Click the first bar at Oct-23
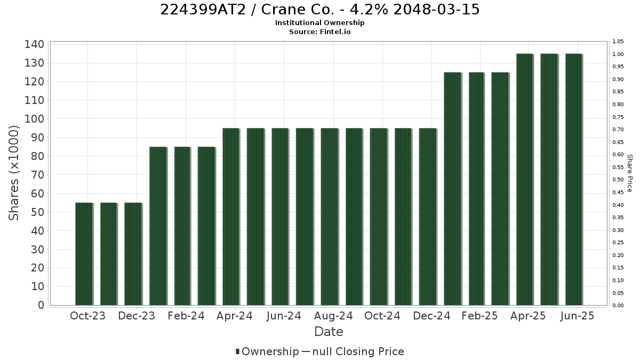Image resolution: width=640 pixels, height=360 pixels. (84, 254)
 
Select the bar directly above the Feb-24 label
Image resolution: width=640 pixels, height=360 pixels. (182, 226)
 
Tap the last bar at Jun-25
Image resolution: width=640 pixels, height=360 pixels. (574, 179)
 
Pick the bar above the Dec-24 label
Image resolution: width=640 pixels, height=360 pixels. (428, 217)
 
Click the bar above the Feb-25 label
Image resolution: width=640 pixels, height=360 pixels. (476, 189)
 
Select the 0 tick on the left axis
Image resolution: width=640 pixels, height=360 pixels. (42, 305)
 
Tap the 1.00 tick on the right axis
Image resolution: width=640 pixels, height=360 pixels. (618, 54)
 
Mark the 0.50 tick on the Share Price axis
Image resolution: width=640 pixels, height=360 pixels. (618, 179)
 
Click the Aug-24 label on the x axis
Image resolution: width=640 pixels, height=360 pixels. (333, 316)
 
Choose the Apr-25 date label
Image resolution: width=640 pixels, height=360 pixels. (528, 316)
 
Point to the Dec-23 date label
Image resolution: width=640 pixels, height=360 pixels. (137, 316)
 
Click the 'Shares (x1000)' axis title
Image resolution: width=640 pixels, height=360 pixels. (13, 173)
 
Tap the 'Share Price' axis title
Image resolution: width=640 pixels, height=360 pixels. (630, 173)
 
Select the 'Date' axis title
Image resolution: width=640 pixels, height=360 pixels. (329, 332)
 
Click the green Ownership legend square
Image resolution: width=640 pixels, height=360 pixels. (237, 351)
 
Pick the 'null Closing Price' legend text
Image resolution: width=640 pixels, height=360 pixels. (358, 351)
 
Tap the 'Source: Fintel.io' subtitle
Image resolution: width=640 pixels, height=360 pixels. (319, 31)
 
